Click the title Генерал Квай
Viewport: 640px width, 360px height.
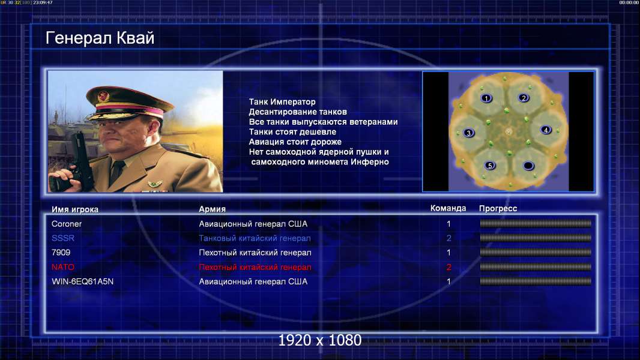tap(100, 38)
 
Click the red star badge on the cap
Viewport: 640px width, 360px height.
tap(103, 97)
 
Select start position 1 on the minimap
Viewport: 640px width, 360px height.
tap(486, 98)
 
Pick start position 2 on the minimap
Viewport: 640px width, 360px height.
tap(524, 98)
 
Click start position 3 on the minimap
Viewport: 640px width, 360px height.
tap(468, 133)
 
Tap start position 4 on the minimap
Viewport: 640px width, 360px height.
tap(546, 130)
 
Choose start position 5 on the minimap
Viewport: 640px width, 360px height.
tap(490, 166)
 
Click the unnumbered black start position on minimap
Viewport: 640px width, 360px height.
tap(528, 166)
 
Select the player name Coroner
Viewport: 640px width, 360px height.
tap(67, 224)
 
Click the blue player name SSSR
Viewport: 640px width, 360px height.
tap(63, 238)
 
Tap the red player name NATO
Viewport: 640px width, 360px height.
tap(63, 267)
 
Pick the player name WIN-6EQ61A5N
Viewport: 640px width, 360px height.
tap(82, 281)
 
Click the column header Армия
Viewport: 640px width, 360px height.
tap(213, 209)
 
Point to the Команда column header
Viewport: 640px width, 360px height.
tap(448, 208)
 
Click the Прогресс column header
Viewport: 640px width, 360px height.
tap(498, 209)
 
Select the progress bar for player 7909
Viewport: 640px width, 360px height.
tap(536, 253)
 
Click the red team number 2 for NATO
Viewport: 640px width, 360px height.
tap(449, 268)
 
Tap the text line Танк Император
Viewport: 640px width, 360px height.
tap(282, 102)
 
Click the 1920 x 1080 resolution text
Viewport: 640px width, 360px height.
tap(320, 340)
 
